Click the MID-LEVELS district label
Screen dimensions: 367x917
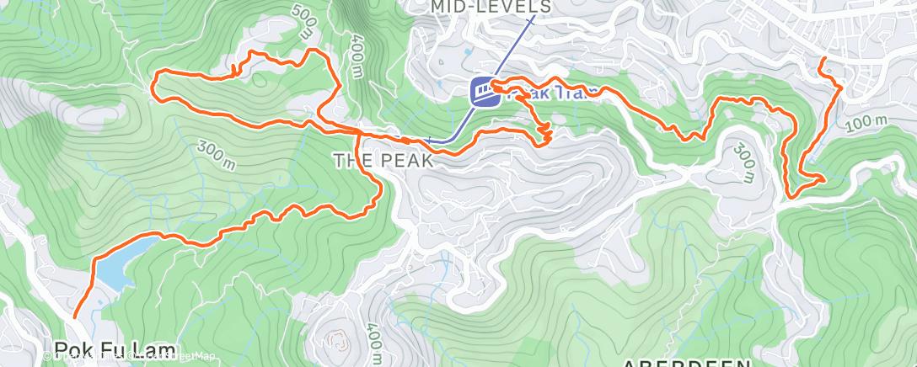491,7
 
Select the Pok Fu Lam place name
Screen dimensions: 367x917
115,349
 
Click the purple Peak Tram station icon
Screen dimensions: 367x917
483,91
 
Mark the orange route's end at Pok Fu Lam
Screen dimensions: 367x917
74,316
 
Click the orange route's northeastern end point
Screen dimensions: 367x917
822,59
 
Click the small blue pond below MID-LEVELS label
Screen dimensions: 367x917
468,52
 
